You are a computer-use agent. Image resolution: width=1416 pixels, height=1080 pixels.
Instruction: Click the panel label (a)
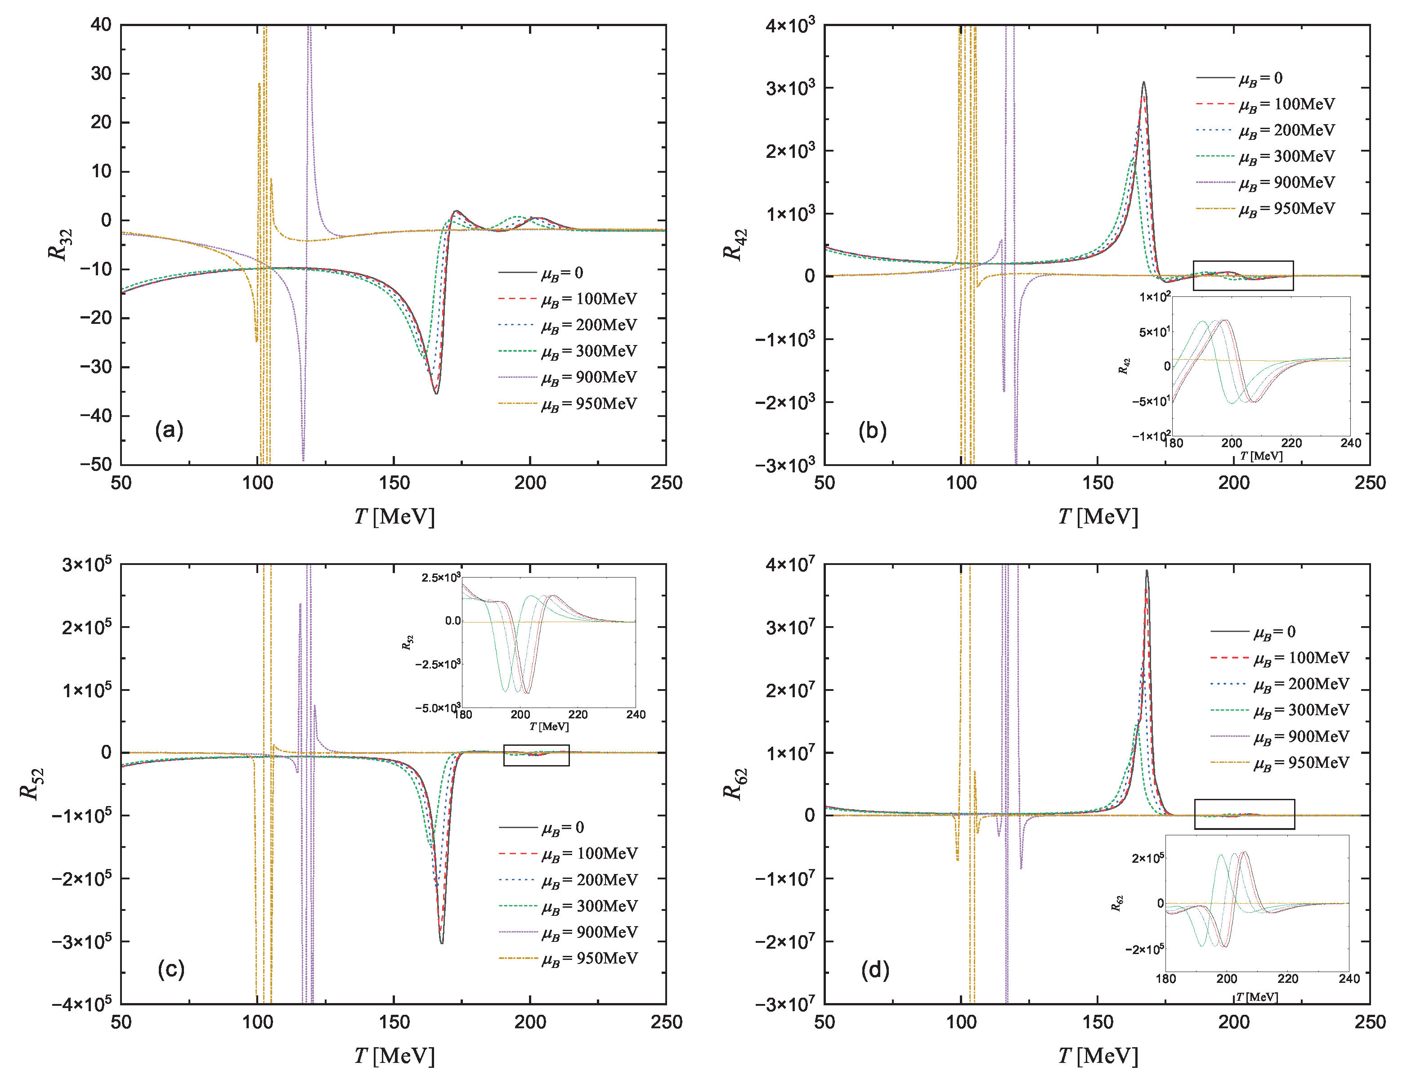coord(169,430)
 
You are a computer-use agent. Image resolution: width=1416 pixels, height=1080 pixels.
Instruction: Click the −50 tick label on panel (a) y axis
coord(96,465)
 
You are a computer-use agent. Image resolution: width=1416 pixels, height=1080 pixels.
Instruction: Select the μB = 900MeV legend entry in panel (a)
coord(588,378)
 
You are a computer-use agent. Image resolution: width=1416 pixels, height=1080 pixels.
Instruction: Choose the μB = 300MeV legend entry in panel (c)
coord(589,906)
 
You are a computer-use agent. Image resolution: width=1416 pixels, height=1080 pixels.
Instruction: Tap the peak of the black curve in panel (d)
coord(1146,571)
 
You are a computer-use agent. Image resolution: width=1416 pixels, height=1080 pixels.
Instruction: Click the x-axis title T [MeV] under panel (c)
coord(394,1056)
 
